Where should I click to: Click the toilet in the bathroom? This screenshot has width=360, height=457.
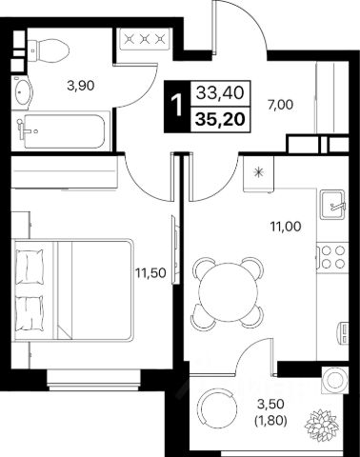pyautogui.click(x=49, y=50)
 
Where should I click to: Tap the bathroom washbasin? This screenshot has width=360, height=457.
pyautogui.click(x=22, y=92)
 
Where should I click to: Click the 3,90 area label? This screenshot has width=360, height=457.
pyautogui.click(x=81, y=86)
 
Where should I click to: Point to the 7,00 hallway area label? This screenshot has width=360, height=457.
pyautogui.click(x=280, y=105)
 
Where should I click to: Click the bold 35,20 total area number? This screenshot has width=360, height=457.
pyautogui.click(x=221, y=119)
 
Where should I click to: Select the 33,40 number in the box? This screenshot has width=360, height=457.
pyautogui.click(x=220, y=93)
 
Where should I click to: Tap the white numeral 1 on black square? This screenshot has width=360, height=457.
pyautogui.click(x=176, y=106)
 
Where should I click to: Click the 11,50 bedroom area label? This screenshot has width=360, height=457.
pyautogui.click(x=150, y=273)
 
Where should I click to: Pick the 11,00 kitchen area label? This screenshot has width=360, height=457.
pyautogui.click(x=286, y=227)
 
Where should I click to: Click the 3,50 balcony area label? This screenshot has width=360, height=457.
pyautogui.click(x=270, y=405)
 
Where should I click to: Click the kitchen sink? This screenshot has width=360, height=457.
pyautogui.click(x=332, y=204)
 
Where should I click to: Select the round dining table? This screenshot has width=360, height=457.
pyautogui.click(x=229, y=292)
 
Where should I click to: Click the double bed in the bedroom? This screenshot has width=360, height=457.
pyautogui.click(x=72, y=289)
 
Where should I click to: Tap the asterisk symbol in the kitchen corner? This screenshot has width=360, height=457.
pyautogui.click(x=258, y=172)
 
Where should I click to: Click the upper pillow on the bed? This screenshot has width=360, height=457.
pyautogui.click(x=30, y=265)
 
